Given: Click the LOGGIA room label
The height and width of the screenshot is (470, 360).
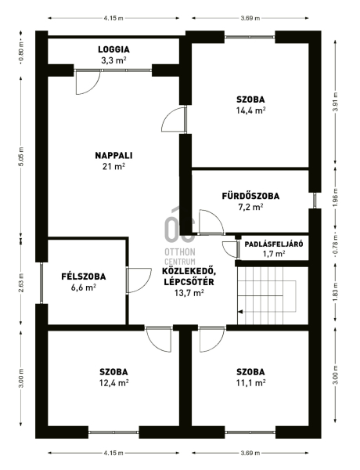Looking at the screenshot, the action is pos(113,49).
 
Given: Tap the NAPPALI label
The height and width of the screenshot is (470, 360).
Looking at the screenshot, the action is pos(113,155).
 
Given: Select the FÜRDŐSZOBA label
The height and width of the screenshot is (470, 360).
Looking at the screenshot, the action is pos(250,196).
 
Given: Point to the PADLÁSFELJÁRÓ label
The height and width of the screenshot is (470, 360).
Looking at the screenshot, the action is pos(274,244).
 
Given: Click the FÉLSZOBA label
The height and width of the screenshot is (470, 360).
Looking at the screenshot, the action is pos(84,276).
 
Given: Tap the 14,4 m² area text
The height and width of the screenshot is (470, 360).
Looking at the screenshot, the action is pos(250,110).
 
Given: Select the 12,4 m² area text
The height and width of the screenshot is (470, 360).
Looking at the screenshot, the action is pos(113,383).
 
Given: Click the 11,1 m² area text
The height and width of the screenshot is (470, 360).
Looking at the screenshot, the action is pos(250,383).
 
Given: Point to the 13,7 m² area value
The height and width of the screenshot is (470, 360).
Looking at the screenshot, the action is pos(189,292).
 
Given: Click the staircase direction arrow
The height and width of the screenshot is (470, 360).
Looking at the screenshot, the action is pos(240,312).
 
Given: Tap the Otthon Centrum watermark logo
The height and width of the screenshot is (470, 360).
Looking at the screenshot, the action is pos(180,237).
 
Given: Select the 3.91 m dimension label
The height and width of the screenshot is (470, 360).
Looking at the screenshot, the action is pos(336,102).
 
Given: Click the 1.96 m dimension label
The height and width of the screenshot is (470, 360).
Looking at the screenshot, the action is pos(336,198).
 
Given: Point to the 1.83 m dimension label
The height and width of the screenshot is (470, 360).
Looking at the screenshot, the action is pos(336,292).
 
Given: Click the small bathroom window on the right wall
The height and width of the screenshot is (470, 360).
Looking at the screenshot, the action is pos(315,201).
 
